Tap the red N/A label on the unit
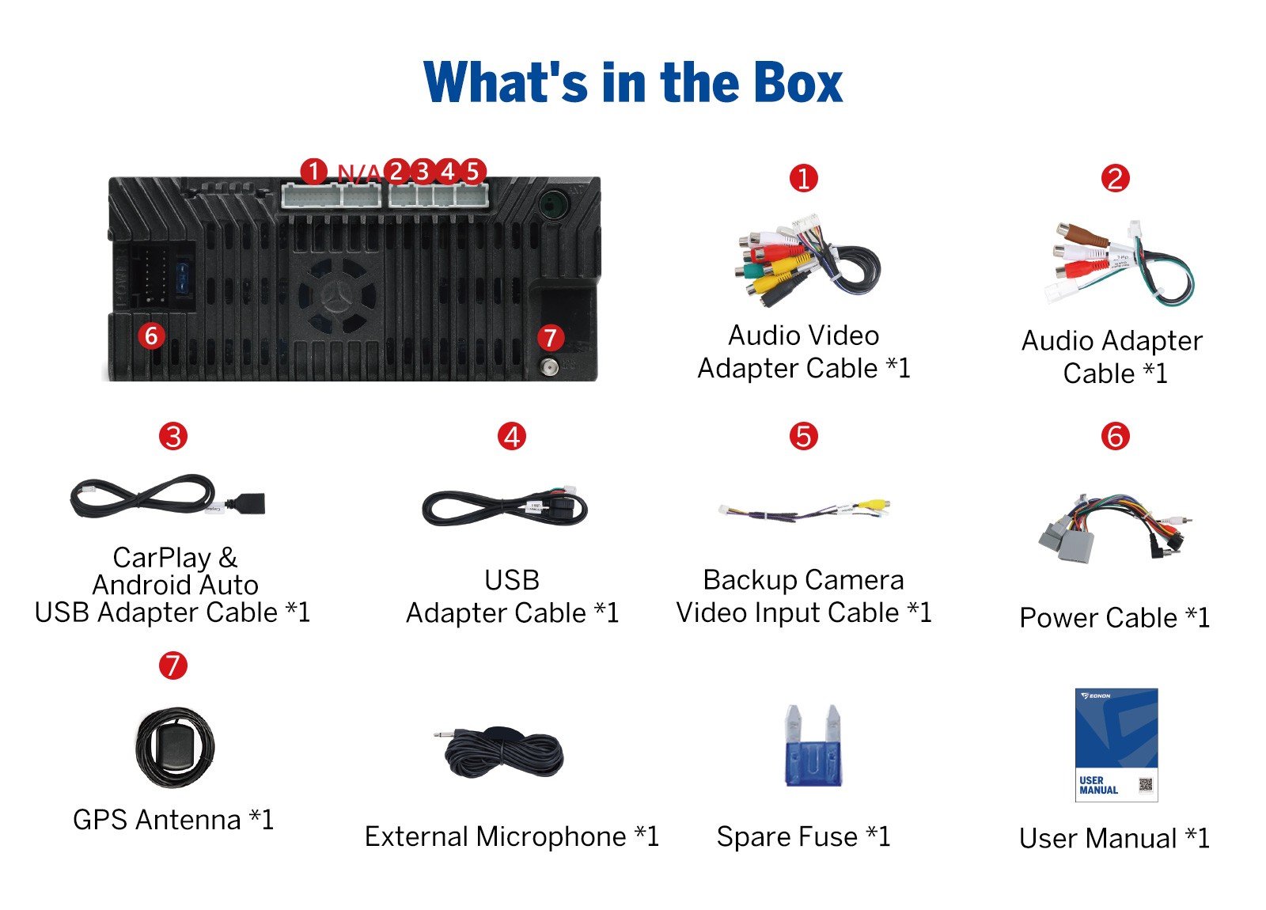[359, 173]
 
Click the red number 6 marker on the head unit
[151, 336]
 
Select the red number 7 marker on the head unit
[550, 338]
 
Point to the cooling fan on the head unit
[337, 296]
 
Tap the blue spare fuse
[813, 746]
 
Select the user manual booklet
[1116, 745]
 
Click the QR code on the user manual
[1145, 784]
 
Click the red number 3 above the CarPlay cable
[173, 436]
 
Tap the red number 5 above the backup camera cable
[803, 436]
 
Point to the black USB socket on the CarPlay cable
[248, 502]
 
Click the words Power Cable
[1099, 617]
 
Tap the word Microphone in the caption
[551, 836]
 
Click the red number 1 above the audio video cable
[803, 179]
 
